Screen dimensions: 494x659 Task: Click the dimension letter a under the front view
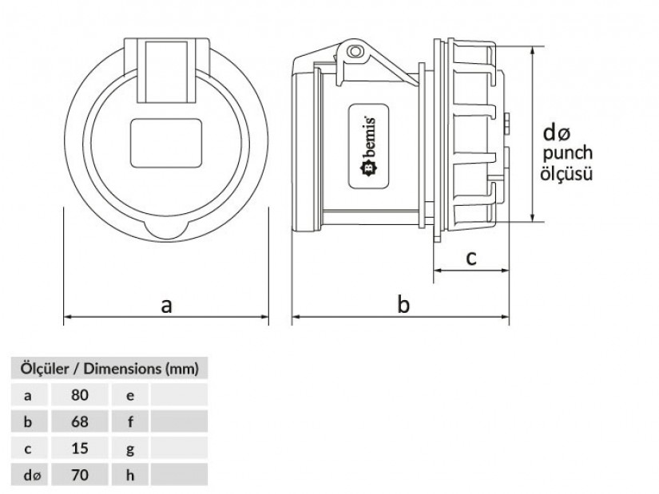(x=166, y=304)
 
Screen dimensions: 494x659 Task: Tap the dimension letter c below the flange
(x=471, y=257)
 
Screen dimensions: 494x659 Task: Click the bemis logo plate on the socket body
(x=371, y=144)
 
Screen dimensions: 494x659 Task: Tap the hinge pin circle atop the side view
(x=355, y=52)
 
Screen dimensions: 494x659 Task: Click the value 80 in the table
(x=79, y=394)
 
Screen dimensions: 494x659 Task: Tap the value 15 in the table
(x=79, y=449)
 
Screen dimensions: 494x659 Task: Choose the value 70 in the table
(x=79, y=476)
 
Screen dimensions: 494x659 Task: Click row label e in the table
(x=130, y=394)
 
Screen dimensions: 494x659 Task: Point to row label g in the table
(x=130, y=449)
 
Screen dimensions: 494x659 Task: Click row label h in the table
(x=130, y=476)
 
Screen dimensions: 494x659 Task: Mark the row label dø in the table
(x=30, y=476)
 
